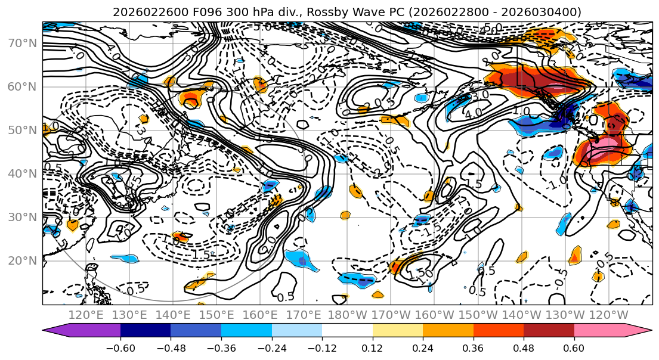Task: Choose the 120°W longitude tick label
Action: point(609,315)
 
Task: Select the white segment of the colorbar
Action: point(347,331)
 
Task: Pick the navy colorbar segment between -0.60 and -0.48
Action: point(146,331)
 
